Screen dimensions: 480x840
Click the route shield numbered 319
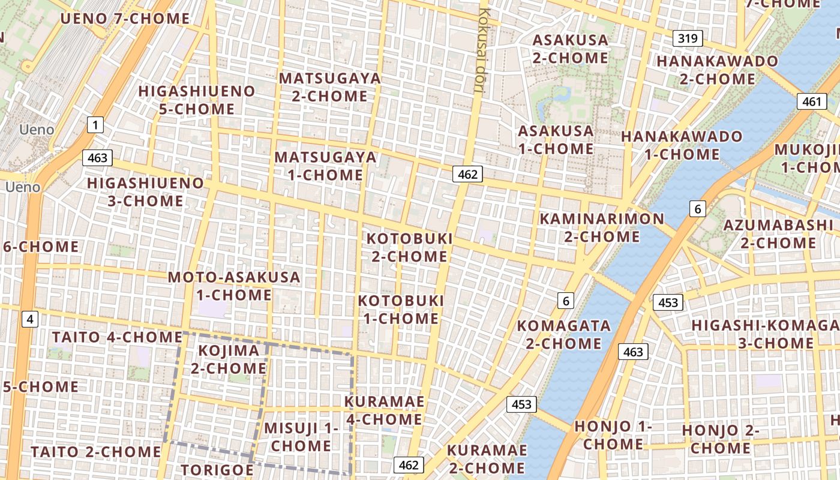point(687,39)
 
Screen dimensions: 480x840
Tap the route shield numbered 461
point(812,101)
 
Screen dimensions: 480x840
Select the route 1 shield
point(95,125)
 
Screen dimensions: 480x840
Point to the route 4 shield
point(29,319)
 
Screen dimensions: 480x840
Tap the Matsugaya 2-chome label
point(329,87)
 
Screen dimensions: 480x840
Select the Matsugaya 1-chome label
point(326,166)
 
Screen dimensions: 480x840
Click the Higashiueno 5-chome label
point(196,100)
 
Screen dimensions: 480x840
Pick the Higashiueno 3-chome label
point(146,191)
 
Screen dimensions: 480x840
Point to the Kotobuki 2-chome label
point(409,248)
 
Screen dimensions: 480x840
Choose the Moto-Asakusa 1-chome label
point(234,286)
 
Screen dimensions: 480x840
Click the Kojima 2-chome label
point(229,359)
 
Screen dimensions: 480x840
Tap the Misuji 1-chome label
point(301,437)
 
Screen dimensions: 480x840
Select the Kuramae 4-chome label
point(385,410)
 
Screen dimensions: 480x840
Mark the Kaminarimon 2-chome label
point(602,227)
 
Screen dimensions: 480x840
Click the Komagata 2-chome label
point(563,334)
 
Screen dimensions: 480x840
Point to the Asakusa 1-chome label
point(556,139)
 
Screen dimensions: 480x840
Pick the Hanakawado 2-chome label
point(717,70)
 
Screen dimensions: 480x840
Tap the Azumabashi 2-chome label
point(778,234)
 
